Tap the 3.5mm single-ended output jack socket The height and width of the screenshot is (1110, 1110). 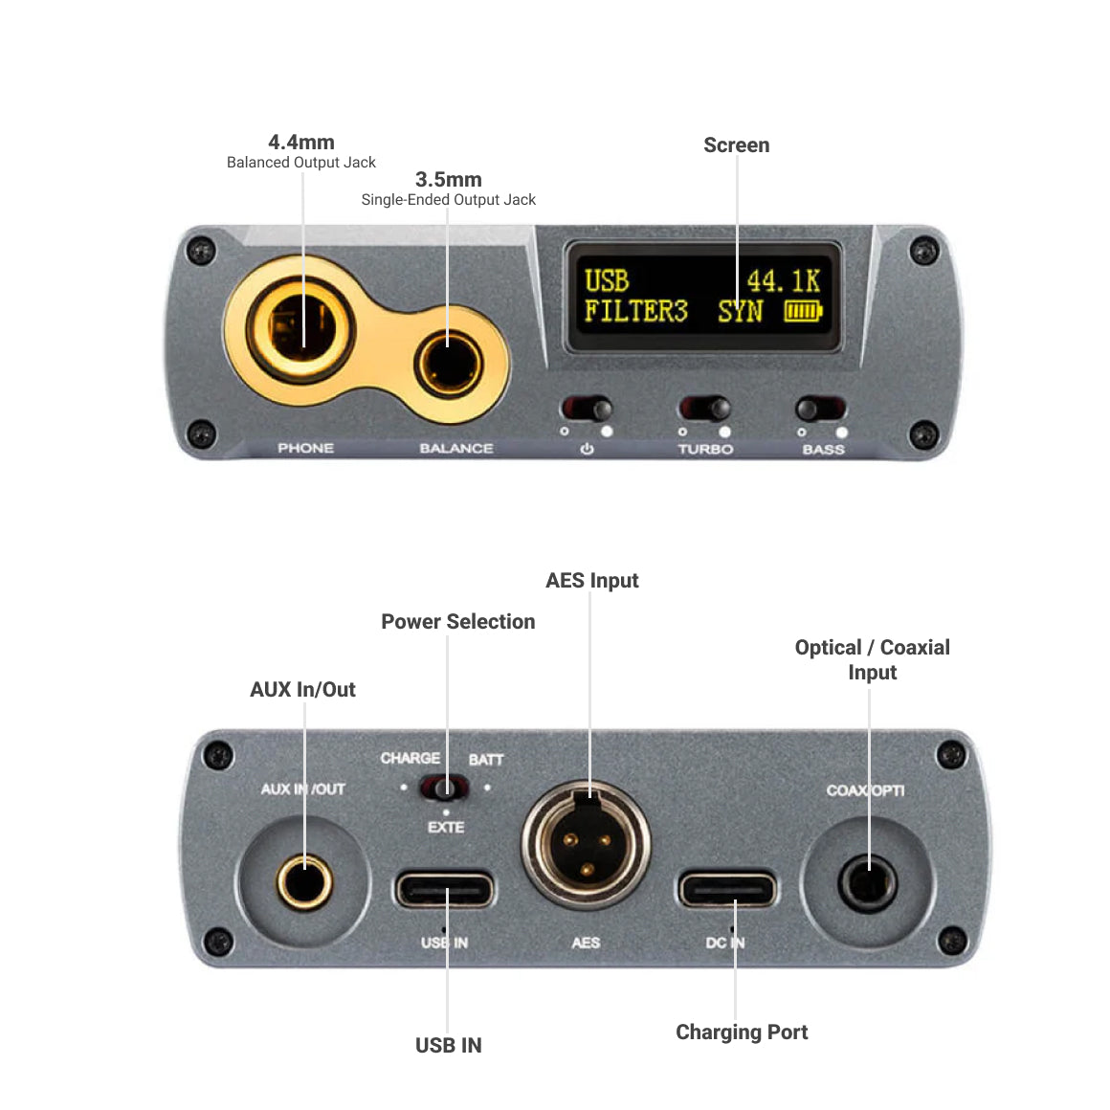coord(448,364)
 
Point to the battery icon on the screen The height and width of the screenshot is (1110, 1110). coord(804,311)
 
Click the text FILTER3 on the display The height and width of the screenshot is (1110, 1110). coord(635,311)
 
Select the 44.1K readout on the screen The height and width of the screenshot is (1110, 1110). coord(783,280)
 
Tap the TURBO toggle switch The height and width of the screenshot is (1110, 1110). coord(706,410)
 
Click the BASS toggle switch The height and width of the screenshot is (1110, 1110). coord(821,410)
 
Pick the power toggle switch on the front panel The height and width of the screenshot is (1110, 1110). coord(587,410)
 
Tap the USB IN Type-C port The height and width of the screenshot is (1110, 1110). coord(445,890)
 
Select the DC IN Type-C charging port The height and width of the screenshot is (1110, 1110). coord(727,890)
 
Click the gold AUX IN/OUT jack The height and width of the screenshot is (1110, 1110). coord(304,881)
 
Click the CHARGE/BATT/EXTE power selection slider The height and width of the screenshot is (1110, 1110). coord(445,788)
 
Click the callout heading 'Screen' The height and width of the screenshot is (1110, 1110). coord(736,145)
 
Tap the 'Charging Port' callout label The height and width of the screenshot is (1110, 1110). coord(742,1032)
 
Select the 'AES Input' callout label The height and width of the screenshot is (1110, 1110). coord(591,581)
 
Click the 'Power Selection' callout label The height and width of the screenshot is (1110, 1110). coord(457,622)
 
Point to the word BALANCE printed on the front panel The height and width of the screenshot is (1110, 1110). coord(456,448)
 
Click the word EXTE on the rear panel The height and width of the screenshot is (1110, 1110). coord(446,828)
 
